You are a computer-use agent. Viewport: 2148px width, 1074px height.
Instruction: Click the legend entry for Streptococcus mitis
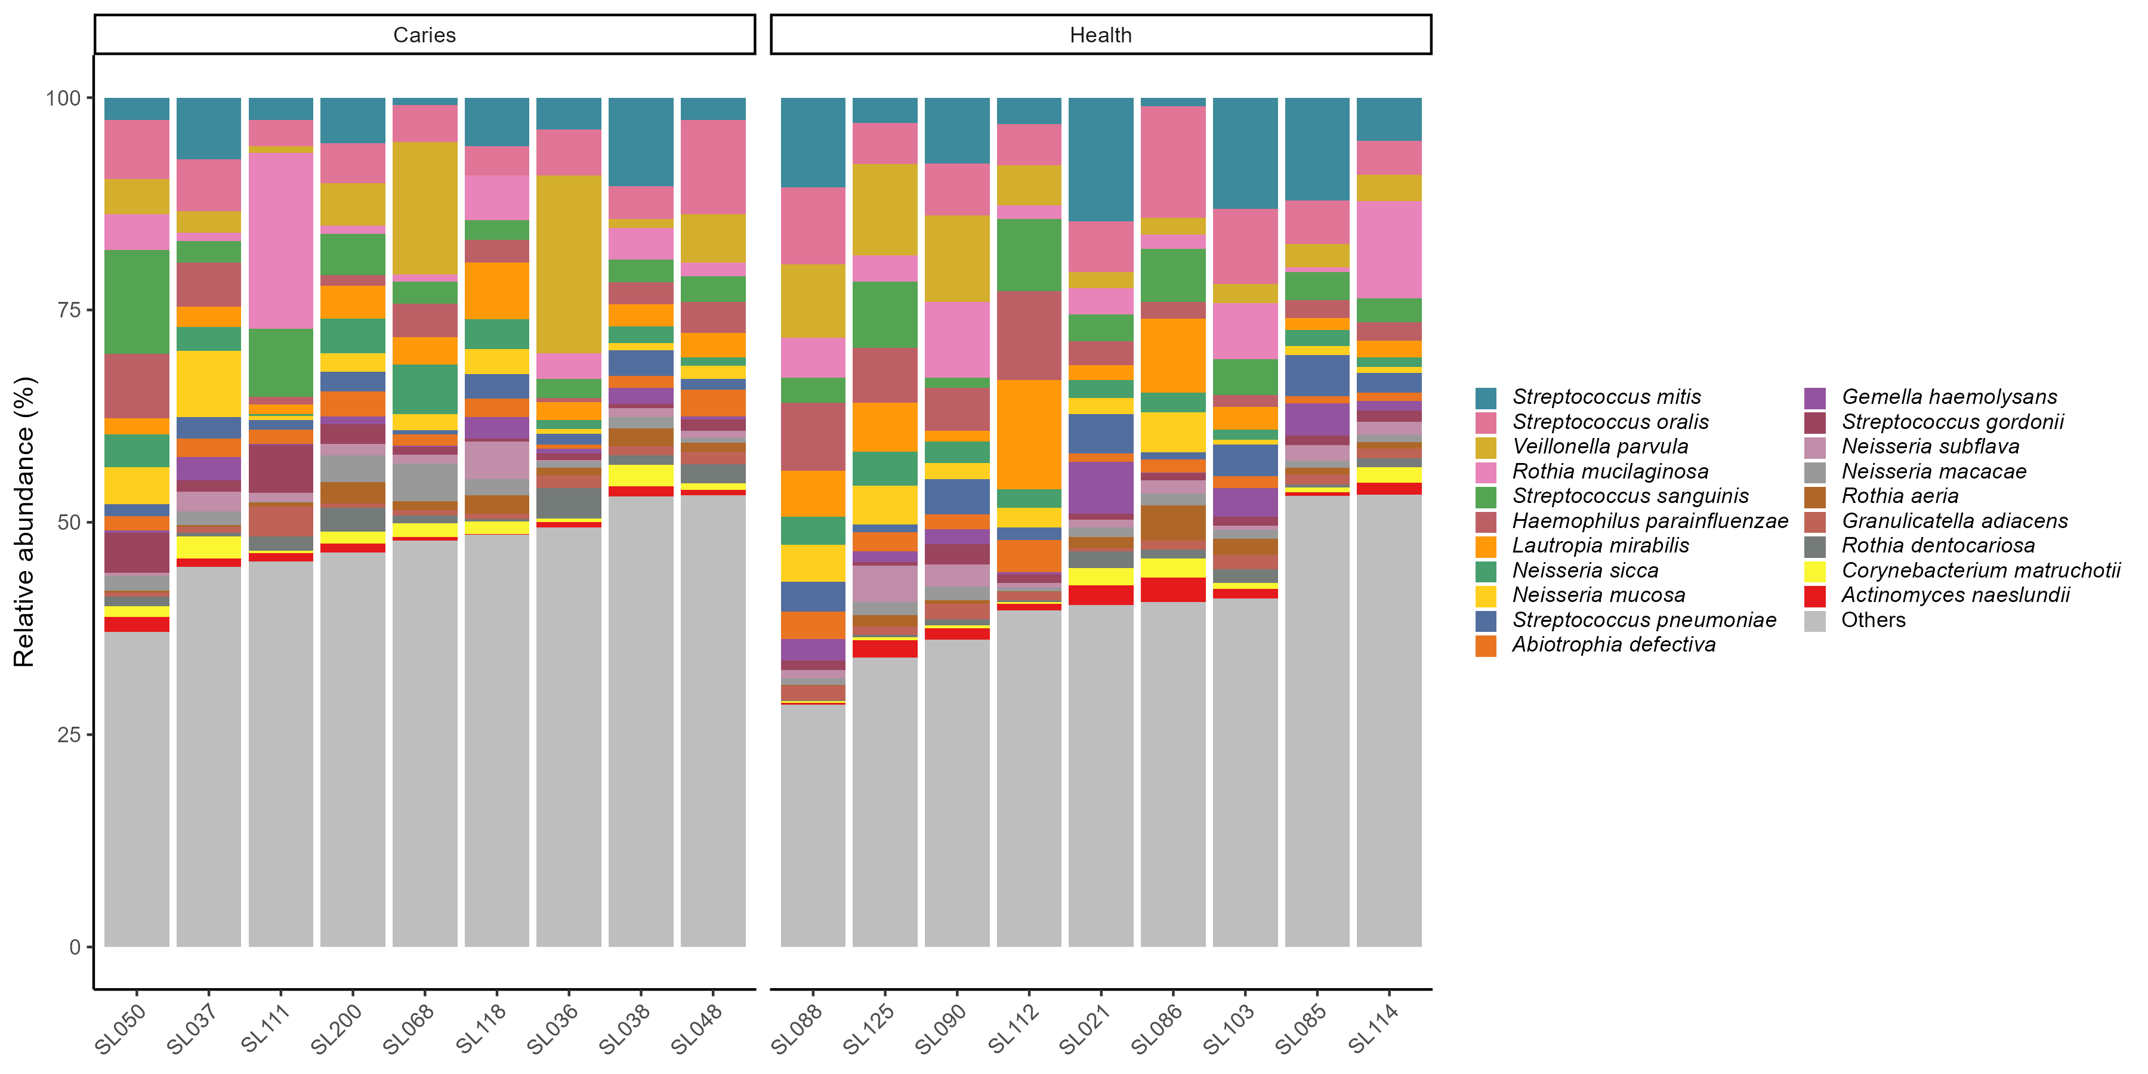click(1605, 397)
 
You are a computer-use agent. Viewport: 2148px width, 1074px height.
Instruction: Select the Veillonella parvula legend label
click(1599, 447)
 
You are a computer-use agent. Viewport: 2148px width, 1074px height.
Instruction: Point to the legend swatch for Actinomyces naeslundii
click(1814, 595)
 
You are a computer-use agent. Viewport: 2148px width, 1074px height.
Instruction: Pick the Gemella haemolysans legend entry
click(1949, 397)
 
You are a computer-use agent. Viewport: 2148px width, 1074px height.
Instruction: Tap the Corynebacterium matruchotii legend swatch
click(1814, 571)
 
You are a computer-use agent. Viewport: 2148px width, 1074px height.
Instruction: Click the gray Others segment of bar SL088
click(813, 826)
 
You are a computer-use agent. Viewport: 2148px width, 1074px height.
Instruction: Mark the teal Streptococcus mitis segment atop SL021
click(1101, 159)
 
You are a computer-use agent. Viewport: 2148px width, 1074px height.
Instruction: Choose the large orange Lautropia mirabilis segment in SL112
click(1029, 434)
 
